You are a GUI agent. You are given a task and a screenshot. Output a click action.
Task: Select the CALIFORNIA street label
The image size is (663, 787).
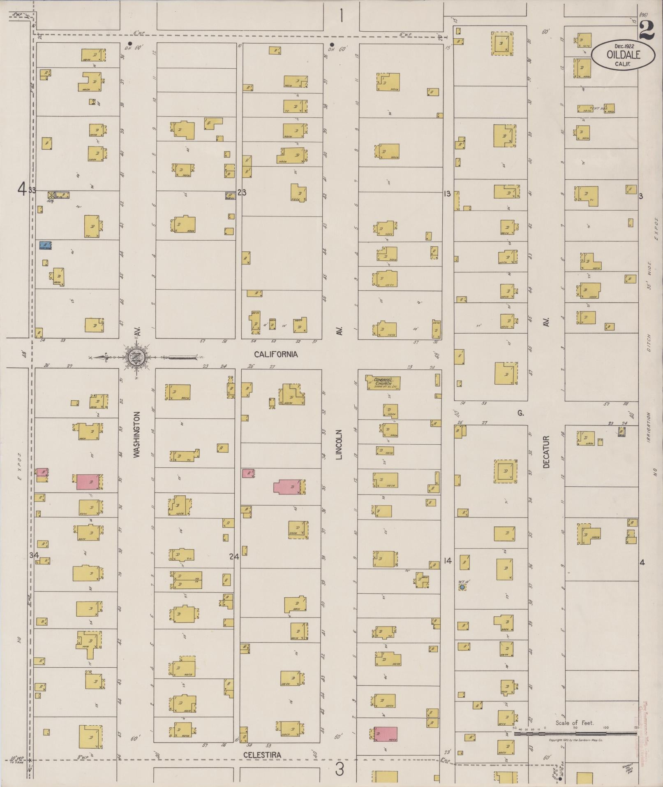coord(275,354)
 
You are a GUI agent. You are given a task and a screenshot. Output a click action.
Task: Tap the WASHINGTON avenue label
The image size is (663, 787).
coord(137,434)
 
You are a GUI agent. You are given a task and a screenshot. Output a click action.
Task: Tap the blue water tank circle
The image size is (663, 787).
coord(462,587)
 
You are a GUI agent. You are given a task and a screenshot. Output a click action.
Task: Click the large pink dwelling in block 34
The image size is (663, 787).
coord(89,482)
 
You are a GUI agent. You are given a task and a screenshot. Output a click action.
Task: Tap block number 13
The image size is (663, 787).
coord(447,193)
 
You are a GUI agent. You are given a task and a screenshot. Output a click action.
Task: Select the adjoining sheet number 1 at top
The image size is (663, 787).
coord(341,16)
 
